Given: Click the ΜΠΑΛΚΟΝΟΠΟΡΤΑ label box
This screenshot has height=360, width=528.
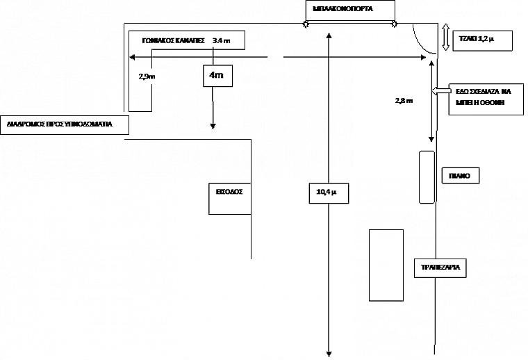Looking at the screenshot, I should point(349,10).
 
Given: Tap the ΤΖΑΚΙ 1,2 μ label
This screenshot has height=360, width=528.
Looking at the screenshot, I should point(481,40).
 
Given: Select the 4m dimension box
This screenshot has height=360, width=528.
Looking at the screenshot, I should point(215,75).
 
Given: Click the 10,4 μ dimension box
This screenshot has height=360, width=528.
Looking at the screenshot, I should point(327,193).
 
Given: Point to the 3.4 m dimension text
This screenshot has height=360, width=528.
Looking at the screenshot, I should point(221,41).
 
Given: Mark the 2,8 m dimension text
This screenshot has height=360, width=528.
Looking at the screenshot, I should point(404,101).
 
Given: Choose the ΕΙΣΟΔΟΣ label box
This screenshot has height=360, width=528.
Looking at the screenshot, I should point(229,190).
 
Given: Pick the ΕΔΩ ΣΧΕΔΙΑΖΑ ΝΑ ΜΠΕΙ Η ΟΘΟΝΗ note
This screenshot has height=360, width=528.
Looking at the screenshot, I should point(484,96).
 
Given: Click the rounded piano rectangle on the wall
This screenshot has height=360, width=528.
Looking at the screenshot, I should point(427,177).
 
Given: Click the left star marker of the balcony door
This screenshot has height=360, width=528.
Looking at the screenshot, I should point(305,24).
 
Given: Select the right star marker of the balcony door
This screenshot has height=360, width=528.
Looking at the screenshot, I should point(395,24).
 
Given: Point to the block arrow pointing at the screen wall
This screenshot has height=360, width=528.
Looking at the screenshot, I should point(440,91).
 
